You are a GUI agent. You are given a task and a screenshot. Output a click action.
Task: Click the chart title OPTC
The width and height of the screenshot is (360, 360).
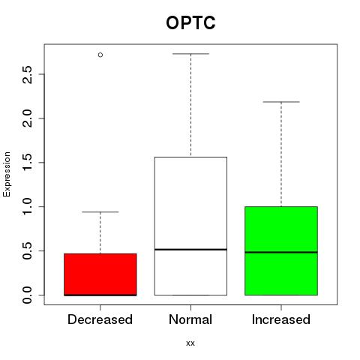[x=190, y=22]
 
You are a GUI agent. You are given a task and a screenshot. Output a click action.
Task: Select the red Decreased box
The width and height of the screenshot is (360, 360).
[x=100, y=274]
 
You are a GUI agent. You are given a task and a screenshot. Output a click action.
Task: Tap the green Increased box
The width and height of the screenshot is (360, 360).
[x=281, y=250]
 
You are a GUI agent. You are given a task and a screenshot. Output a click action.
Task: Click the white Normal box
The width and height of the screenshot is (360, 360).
[x=190, y=226]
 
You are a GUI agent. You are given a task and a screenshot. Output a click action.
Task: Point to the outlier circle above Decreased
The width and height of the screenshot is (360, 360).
[x=100, y=55]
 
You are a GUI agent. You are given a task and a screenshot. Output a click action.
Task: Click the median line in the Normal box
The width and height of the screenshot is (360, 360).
[x=190, y=249]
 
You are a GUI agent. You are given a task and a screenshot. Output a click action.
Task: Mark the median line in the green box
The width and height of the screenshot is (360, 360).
[x=281, y=252]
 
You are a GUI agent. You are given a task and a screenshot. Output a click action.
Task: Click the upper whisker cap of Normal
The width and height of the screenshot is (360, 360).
[x=190, y=54]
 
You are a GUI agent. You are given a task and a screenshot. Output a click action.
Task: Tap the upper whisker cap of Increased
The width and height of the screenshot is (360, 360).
[x=281, y=102]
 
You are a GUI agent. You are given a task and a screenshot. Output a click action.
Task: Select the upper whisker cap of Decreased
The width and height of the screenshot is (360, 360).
[x=100, y=212]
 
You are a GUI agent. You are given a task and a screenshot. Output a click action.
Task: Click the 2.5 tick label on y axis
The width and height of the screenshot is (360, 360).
[x=27, y=74]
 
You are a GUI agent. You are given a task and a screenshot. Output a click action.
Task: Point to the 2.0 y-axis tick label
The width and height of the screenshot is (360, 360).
[x=27, y=118]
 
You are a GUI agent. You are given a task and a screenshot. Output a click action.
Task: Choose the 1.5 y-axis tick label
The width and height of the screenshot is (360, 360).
[x=27, y=163]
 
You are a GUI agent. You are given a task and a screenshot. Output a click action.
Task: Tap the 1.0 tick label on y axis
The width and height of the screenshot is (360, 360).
[x=27, y=206]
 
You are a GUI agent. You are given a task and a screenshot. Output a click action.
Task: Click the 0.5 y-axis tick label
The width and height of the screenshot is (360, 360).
[x=27, y=250]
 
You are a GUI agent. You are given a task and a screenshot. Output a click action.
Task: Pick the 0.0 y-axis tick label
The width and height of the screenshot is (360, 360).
[x=27, y=295]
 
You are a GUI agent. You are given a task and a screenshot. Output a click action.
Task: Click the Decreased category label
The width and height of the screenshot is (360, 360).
[x=100, y=319]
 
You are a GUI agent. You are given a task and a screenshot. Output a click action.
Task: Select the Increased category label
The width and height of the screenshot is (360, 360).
[x=281, y=319]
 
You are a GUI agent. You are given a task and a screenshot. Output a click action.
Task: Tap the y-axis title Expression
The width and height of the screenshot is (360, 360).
[x=7, y=174]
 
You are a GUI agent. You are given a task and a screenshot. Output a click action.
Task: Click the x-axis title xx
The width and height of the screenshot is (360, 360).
[x=190, y=343]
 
